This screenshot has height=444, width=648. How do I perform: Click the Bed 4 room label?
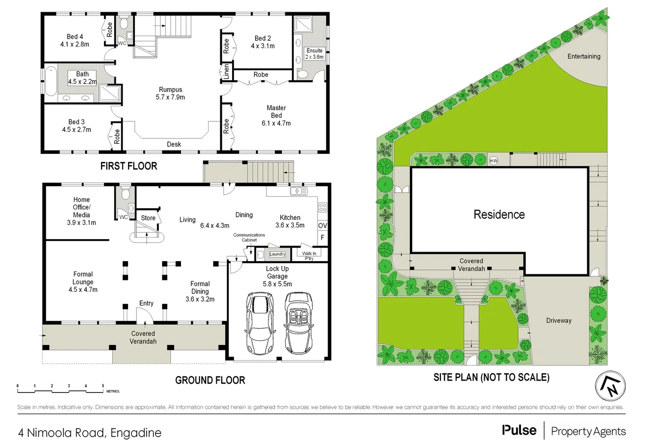click(75, 40)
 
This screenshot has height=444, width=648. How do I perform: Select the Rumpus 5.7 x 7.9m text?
click(170, 93)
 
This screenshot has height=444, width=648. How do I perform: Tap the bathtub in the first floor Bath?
click(51, 84)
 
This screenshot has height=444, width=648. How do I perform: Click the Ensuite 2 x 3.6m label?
click(314, 54)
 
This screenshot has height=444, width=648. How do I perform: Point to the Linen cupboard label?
click(226, 72)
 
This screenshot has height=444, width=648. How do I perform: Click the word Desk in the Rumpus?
click(174, 144)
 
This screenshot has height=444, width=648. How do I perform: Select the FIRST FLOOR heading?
click(128, 166)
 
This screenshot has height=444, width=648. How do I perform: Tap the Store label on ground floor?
click(148, 218)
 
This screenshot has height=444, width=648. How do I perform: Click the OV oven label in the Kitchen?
click(323, 225)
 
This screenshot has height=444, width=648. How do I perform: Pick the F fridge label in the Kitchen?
click(323, 238)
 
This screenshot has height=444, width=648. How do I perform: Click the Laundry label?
click(277, 254)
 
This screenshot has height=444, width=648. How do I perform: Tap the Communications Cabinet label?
click(249, 237)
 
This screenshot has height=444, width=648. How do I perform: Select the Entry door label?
click(146, 303)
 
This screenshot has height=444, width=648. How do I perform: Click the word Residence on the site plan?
click(499, 214)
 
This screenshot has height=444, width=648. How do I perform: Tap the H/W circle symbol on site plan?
click(494, 161)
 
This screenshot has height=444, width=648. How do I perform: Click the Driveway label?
click(559, 321)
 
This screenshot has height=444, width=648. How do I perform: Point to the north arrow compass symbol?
click(611, 386)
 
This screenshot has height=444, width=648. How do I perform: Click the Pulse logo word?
click(519, 430)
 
